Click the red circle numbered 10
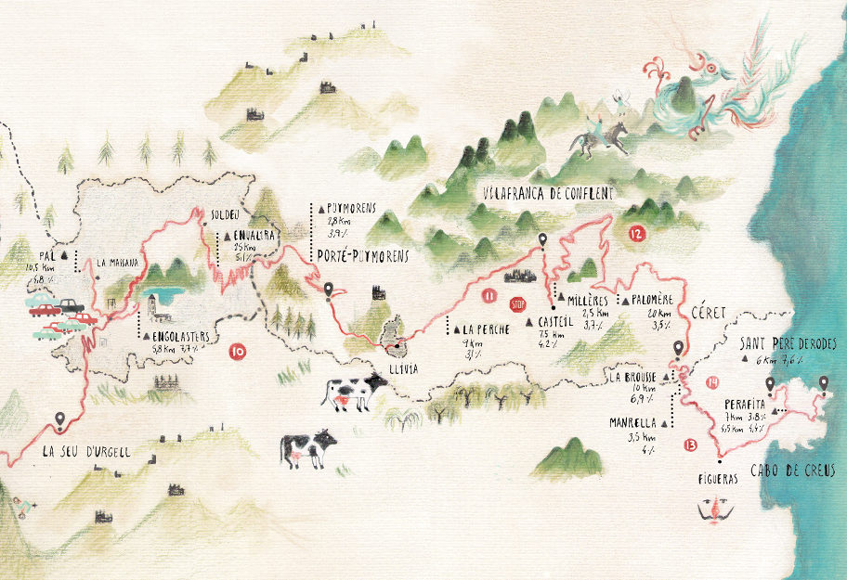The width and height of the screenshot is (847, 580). click(237, 351)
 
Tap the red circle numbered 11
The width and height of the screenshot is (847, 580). click(489, 296)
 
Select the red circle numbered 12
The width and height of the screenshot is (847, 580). click(635, 234)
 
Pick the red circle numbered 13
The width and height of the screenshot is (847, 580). click(689, 445)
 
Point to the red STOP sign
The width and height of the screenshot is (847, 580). click(518, 303)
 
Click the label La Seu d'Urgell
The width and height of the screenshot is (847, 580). click(86, 453)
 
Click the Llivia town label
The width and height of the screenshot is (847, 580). click(403, 368)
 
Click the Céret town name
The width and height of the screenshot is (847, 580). click(710, 314)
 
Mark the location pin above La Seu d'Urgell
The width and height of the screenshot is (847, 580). click(61, 421)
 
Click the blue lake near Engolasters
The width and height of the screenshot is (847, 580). click(171, 297)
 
